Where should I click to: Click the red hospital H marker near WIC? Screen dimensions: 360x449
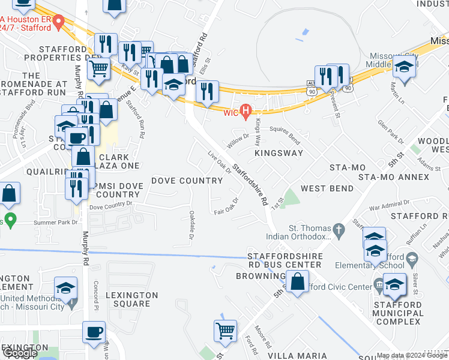(245, 110)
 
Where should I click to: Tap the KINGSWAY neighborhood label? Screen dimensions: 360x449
(279, 153)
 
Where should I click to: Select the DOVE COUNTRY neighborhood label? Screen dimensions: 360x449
(187, 180)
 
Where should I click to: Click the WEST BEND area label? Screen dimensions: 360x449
(327, 188)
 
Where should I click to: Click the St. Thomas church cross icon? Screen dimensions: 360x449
(339, 229)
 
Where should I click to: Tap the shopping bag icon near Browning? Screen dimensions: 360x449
(297, 281)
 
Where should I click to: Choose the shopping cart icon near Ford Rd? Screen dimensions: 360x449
(225, 330)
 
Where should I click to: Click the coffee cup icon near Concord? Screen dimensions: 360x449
(94, 332)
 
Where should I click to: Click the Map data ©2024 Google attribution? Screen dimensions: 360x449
(412, 355)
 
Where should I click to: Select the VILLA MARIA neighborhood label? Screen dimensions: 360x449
(294, 356)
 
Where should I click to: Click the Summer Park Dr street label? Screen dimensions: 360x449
(59, 222)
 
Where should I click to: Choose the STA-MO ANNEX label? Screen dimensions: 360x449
(393, 177)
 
